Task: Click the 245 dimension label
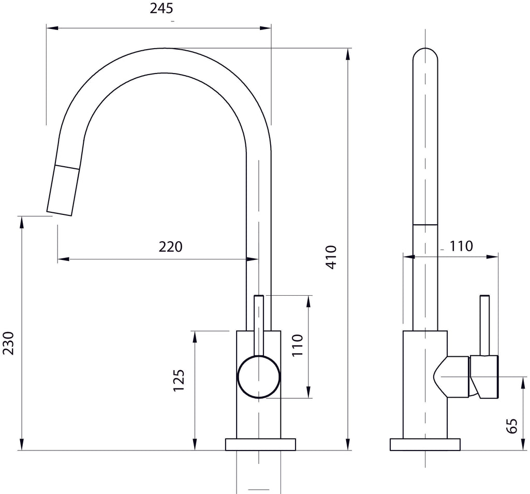(161, 8)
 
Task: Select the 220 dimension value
(170, 247)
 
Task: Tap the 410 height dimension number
(332, 257)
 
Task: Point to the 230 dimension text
(8, 343)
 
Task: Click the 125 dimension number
(179, 381)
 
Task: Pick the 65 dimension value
(512, 426)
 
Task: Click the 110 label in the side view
(461, 246)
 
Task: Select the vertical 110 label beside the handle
(298, 345)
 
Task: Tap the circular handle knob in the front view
(259, 376)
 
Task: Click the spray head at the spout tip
(64, 190)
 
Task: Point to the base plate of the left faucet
(261, 444)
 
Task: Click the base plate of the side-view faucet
(425, 444)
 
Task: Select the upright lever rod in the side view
(484, 325)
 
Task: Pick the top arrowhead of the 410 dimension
(348, 54)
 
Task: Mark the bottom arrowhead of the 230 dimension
(22, 444)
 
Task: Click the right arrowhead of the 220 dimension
(253, 259)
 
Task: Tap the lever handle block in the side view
(484, 376)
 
